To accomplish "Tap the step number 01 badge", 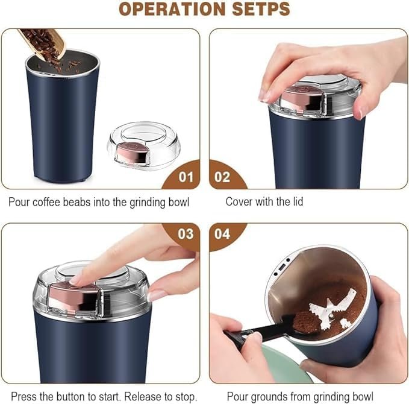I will [186, 177].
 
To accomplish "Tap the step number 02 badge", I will [222, 177].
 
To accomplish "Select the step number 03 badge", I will [186, 234].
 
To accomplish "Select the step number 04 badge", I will [222, 234].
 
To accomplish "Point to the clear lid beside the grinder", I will [139, 145].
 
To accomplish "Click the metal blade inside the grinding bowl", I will [331, 308].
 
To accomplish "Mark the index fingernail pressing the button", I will [76, 279].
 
